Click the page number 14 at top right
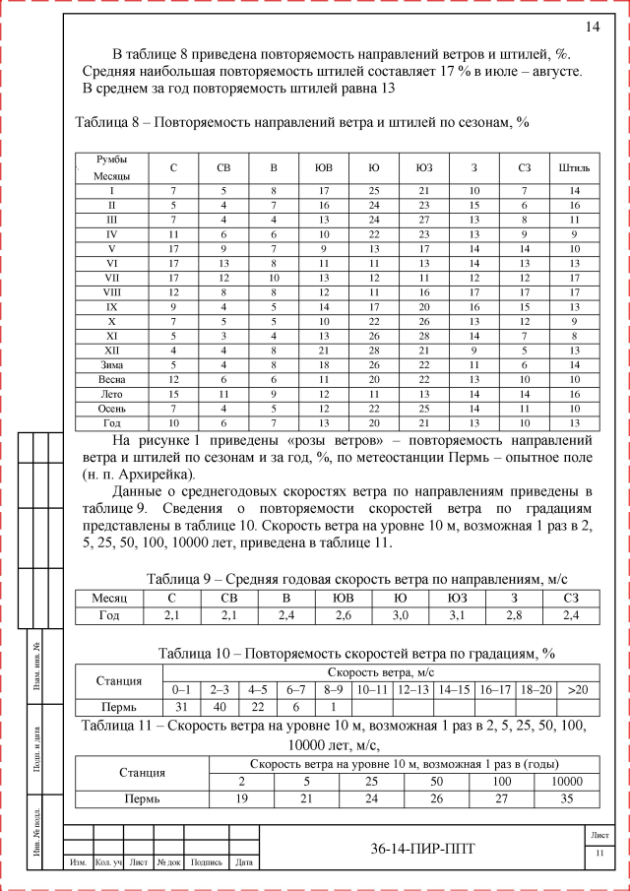point(593,27)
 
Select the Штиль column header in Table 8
point(574,167)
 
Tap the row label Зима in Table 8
point(111,364)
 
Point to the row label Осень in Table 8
point(111,408)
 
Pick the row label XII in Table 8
point(111,350)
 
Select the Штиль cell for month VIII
point(574,291)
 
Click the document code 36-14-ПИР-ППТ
point(416,850)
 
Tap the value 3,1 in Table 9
point(457,615)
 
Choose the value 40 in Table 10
point(220,707)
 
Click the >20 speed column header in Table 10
point(577,689)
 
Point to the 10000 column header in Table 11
point(567,781)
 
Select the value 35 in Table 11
point(567,798)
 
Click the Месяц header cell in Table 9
point(109,599)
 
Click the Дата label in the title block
point(244,863)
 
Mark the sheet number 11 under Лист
point(598,853)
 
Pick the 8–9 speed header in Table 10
point(335,689)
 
